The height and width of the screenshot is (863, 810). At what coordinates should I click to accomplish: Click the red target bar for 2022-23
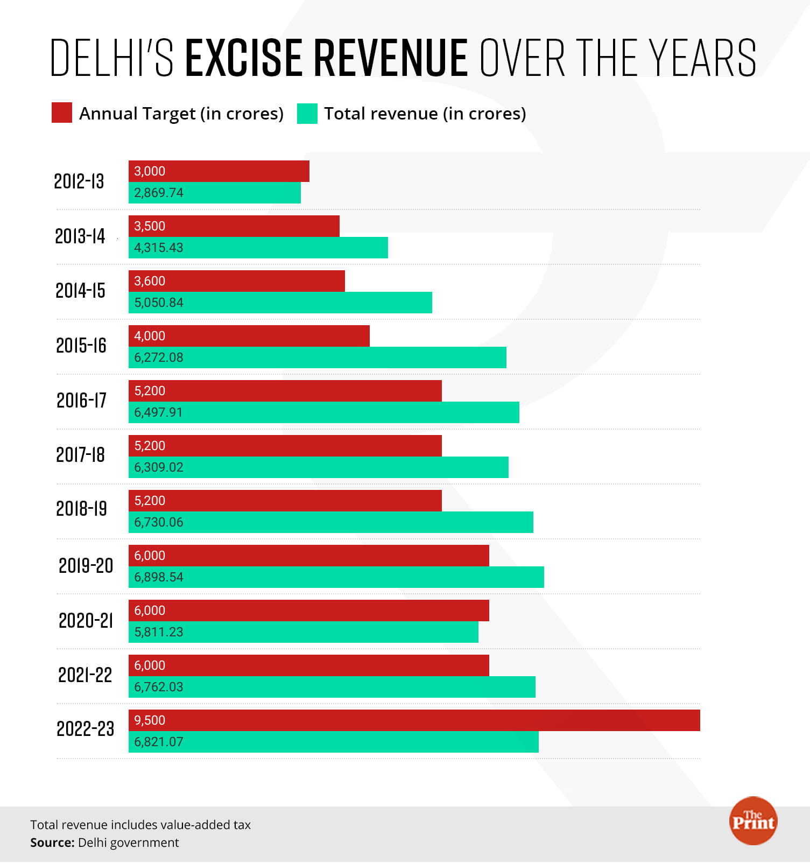coord(414,720)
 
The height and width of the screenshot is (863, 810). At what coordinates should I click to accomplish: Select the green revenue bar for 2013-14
coord(258,248)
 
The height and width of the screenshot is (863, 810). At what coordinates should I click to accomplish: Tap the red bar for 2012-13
coord(219,171)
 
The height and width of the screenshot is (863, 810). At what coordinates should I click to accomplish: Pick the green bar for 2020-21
coord(304,632)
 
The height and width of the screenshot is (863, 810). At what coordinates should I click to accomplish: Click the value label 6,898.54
coord(159,577)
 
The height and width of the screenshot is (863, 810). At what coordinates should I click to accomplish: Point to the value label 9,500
coord(150,720)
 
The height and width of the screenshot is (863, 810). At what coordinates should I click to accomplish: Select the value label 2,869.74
coord(159,193)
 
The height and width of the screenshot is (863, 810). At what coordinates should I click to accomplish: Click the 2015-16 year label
coord(81,346)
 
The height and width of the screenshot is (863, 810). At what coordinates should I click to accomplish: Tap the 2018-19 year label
coord(81,509)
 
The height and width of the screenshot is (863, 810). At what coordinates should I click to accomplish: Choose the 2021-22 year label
coord(85,675)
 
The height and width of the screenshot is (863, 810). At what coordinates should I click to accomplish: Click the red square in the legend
coord(62,113)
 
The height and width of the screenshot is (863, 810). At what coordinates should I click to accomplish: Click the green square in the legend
coord(307,114)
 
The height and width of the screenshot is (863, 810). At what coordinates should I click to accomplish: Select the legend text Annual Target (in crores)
coord(181,114)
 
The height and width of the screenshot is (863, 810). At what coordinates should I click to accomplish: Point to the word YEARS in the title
coord(702,58)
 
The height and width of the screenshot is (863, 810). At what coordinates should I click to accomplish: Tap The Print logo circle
coord(753,820)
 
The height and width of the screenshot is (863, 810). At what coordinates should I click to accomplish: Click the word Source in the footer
coord(52,843)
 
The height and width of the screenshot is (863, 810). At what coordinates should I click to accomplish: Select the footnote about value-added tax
coord(140,825)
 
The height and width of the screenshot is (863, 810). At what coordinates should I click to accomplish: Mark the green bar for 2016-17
coord(324,412)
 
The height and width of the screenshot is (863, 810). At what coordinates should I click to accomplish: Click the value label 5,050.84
coord(159,303)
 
